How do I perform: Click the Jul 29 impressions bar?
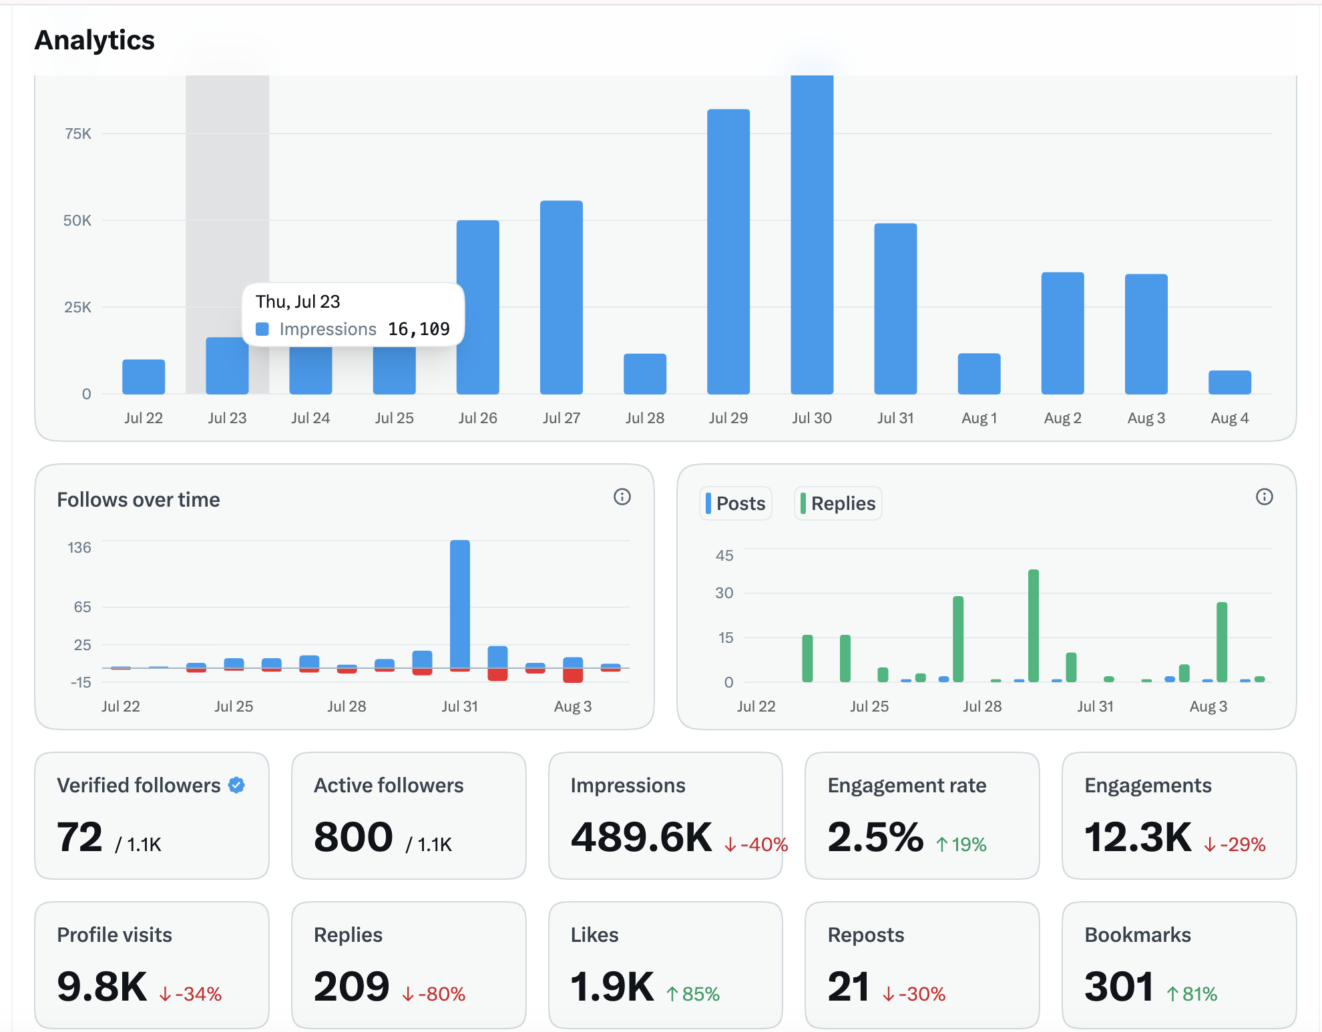(728, 252)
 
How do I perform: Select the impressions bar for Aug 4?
(1230, 382)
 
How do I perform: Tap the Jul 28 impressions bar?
(645, 374)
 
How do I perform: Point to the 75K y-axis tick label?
(78, 134)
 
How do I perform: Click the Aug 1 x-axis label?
(979, 418)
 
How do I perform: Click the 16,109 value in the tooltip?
(419, 329)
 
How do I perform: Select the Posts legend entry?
(736, 503)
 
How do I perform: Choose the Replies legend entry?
(838, 503)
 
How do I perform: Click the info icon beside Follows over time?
(622, 497)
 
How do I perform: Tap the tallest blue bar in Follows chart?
(460, 604)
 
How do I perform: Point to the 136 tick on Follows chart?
(79, 547)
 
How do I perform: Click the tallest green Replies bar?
(1034, 625)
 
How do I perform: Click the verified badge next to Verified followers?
(236, 785)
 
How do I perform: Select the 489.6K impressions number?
(642, 837)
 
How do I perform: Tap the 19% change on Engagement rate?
(961, 844)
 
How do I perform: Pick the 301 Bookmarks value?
(1119, 987)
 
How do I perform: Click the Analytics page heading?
(94, 40)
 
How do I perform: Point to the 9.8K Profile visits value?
(101, 987)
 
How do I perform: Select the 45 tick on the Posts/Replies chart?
(724, 555)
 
